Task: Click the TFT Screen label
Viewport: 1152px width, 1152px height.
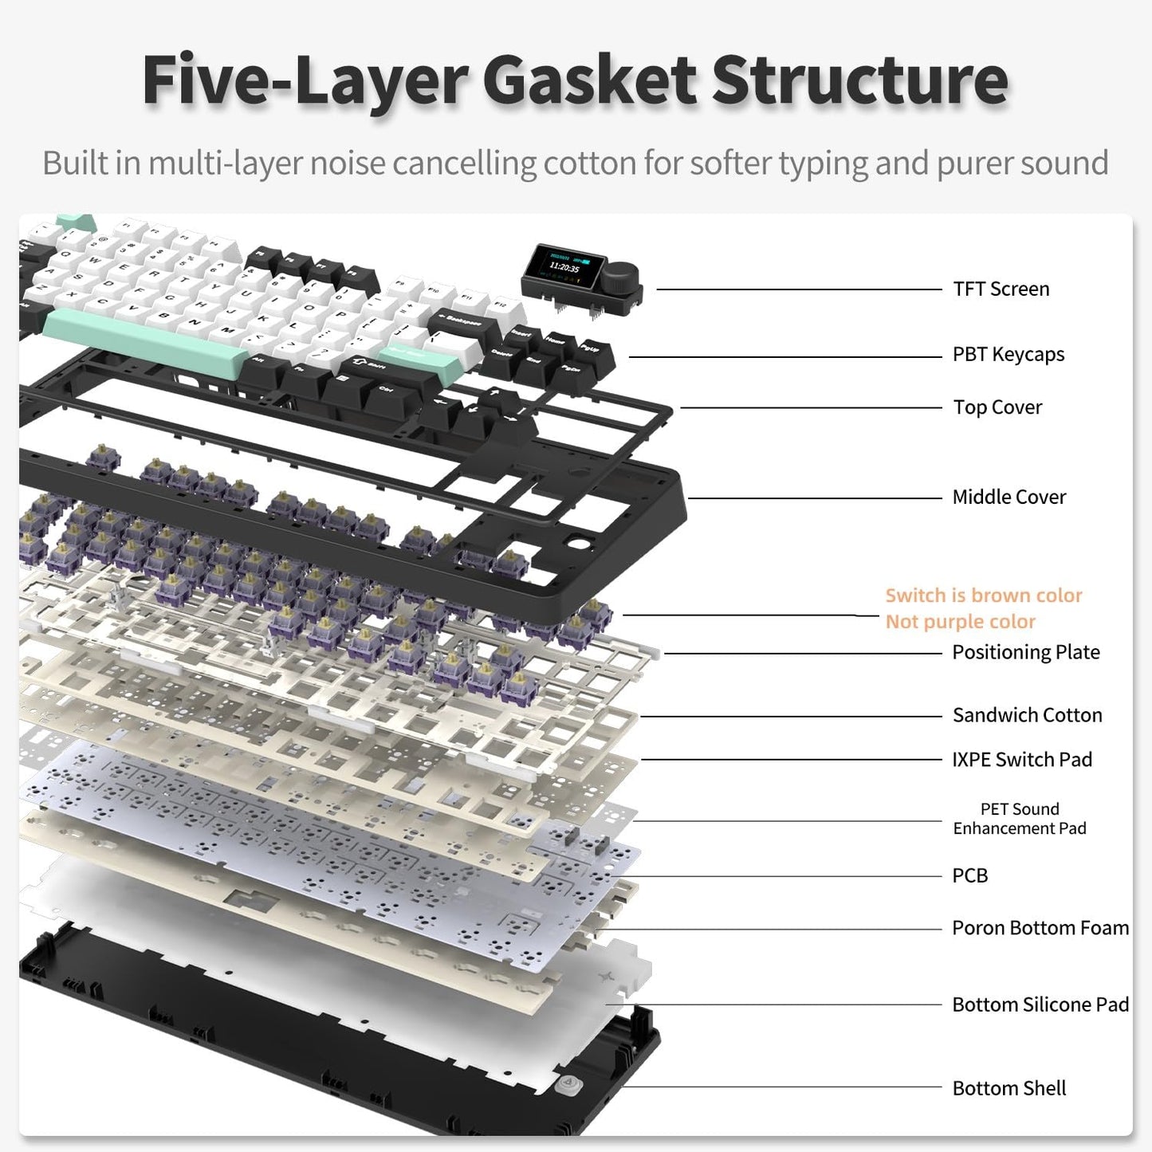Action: pos(1001,289)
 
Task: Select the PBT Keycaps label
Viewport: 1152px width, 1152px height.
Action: pos(1008,354)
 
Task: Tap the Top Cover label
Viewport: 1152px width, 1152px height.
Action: pos(997,407)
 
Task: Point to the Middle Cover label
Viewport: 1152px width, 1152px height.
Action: pos(1008,497)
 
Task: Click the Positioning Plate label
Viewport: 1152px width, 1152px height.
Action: pos(1025,652)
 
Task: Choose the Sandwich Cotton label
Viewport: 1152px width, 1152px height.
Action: pos(1027,715)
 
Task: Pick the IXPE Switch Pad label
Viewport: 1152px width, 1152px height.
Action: pos(1021,760)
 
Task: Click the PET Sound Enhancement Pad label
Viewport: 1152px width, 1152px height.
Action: pos(1019,819)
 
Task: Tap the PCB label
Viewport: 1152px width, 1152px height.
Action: pos(969,875)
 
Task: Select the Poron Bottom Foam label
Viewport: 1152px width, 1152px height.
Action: pos(1040,928)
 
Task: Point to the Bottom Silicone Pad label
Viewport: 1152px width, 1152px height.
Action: pos(1040,1005)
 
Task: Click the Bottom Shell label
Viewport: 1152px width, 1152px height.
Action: pos(1008,1088)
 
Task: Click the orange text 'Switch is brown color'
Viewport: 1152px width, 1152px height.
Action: pos(983,596)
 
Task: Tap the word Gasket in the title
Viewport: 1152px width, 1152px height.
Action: pos(590,81)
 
